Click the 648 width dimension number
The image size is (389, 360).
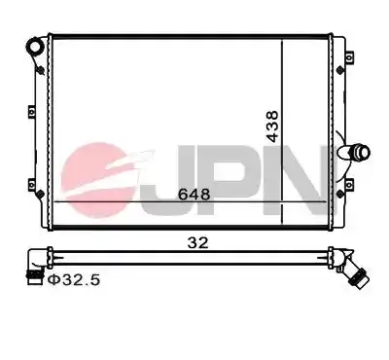(x=194, y=195)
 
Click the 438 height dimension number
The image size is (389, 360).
(x=271, y=126)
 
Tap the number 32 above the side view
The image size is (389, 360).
(x=197, y=242)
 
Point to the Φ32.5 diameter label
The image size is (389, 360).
(x=74, y=279)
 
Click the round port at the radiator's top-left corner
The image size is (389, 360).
(x=34, y=47)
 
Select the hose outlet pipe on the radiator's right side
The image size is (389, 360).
(x=354, y=152)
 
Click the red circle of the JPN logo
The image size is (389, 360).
(x=97, y=180)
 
